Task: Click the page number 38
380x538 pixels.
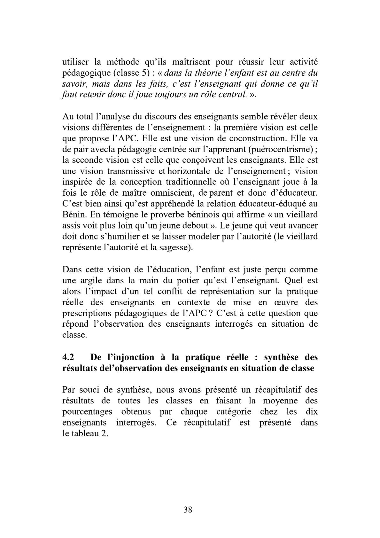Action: (x=188, y=510)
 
